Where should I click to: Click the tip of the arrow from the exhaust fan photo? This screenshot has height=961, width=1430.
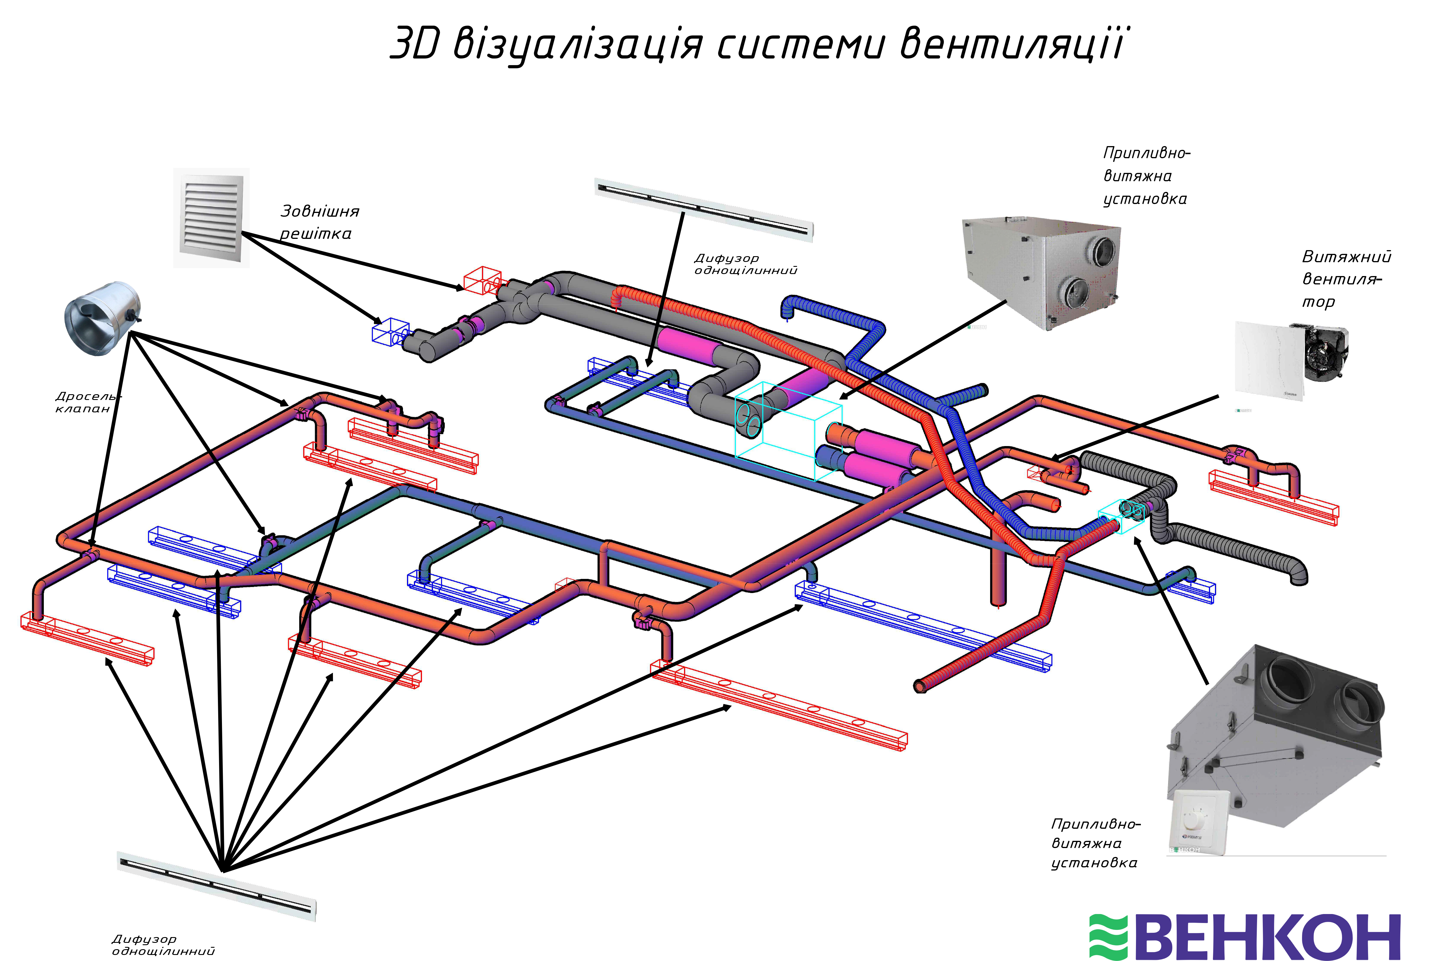tap(1052, 459)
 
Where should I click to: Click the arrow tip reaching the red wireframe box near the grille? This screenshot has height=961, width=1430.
tap(464, 288)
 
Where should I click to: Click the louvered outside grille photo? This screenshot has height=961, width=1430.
tap(211, 217)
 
